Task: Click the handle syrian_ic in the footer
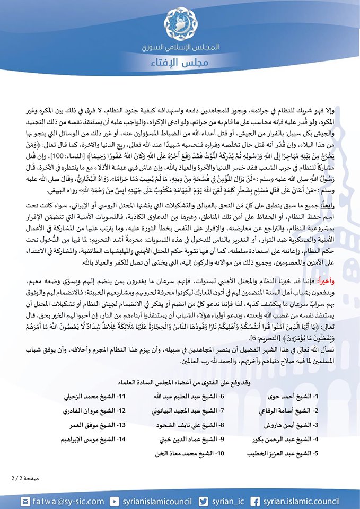click(x=226, y=501)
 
